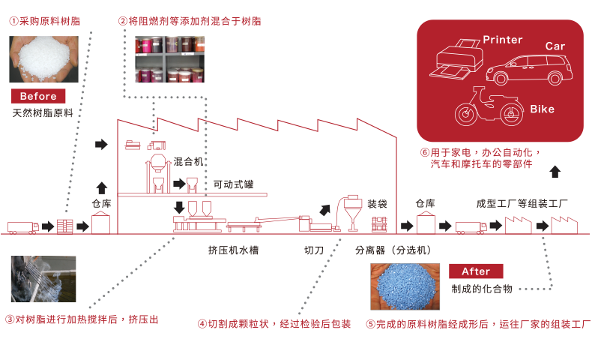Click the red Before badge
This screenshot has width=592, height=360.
38,96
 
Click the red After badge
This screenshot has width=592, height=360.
476,271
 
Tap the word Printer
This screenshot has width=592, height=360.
502,40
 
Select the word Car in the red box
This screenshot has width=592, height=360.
555,46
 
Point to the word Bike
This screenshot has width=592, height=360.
542,109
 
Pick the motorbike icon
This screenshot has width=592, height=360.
485,107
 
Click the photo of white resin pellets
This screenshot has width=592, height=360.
38,58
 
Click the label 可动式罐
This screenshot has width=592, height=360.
233,184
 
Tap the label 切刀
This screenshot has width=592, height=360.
314,250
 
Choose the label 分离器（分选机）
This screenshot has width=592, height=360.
394,250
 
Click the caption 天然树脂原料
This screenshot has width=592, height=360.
43,113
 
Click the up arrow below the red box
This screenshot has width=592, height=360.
555,172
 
